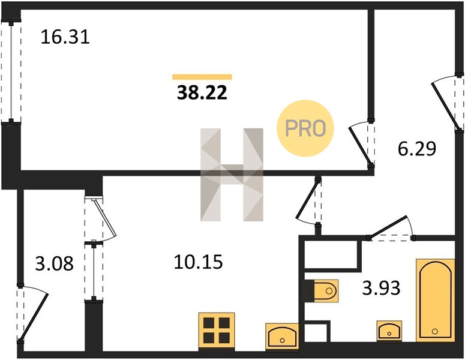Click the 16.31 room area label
click(x=65, y=37)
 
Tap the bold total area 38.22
click(x=202, y=92)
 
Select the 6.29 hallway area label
click(x=417, y=149)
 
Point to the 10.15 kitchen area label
click(x=198, y=262)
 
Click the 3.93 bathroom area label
click(x=382, y=287)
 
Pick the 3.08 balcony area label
click(x=54, y=263)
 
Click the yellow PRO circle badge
click(x=305, y=128)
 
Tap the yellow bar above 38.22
click(x=202, y=77)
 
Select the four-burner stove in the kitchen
click(x=217, y=331)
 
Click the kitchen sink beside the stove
click(x=282, y=336)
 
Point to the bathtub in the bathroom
click(x=435, y=300)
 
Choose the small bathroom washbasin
click(x=389, y=331)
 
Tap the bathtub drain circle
click(x=435, y=331)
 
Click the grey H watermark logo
click(x=232, y=175)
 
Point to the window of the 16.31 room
click(x=11, y=72)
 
